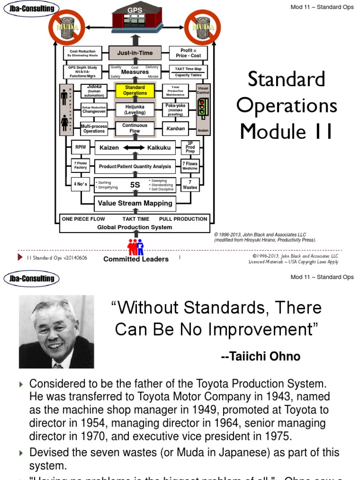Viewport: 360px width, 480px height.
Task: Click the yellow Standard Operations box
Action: click(135, 90)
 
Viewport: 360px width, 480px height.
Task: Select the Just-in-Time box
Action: click(135, 53)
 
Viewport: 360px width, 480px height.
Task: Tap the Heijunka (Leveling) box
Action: click(135, 110)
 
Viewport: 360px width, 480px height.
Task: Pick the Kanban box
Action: click(176, 128)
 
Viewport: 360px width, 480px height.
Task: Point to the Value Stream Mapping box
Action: click(135, 203)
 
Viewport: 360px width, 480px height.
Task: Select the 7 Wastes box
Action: click(190, 184)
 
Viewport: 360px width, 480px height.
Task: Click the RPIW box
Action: click(80, 147)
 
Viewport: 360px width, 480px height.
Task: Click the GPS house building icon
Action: click(135, 19)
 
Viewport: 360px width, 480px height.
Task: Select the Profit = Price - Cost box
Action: click(188, 53)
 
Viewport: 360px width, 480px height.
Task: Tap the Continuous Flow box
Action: click(135, 128)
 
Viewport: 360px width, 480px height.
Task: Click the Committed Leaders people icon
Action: click(135, 247)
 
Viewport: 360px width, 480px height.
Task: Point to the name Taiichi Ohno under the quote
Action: click(261, 357)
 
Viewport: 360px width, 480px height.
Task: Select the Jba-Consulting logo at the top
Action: click(30, 8)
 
